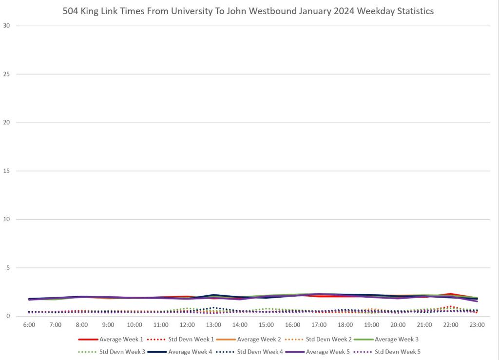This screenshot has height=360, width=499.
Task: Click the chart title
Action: (248, 11)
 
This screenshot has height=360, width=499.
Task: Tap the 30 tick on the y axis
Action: (7, 25)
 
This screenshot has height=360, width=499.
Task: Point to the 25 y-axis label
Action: (7, 74)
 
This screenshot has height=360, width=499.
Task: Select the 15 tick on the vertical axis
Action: (7, 171)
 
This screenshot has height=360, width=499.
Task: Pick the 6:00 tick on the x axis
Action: (29, 325)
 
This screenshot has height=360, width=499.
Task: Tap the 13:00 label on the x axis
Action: (214, 325)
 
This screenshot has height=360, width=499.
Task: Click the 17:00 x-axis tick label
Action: (320, 325)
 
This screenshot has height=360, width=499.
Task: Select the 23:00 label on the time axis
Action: (478, 325)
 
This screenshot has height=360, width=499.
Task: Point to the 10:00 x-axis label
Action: (134, 325)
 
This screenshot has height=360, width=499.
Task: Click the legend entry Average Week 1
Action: (117, 339)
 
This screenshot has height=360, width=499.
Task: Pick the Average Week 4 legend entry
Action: (190, 351)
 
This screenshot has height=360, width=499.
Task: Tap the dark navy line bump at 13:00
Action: (214, 295)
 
